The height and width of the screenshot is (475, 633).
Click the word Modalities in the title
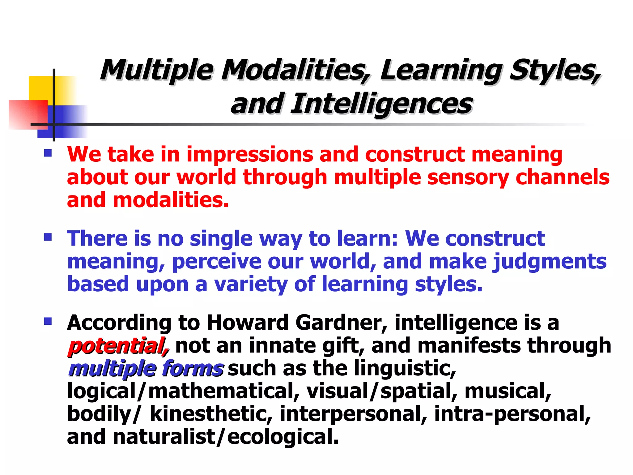click(295, 70)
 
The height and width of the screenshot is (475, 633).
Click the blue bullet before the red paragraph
click(48, 153)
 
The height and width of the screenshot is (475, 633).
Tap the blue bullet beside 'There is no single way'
click(48, 237)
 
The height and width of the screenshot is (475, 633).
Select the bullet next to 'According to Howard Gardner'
click(48, 322)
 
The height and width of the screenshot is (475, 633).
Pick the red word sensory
click(468, 178)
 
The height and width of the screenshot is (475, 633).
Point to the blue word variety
click(251, 285)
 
